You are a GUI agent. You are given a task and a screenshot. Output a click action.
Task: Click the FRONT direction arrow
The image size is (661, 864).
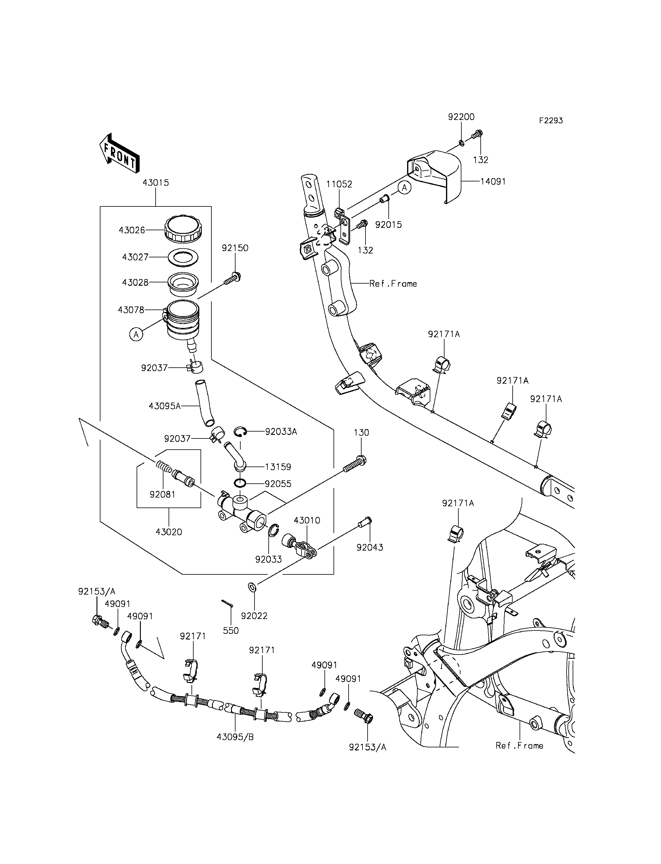pos(119,153)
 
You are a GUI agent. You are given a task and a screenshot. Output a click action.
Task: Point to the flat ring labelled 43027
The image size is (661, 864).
pos(183,258)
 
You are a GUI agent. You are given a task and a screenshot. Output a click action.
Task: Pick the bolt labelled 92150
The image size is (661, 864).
pos(232,278)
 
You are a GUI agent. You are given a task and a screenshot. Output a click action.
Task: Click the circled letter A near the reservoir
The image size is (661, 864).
pos(136,335)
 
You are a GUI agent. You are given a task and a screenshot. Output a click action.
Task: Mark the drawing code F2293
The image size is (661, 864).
pos(551,120)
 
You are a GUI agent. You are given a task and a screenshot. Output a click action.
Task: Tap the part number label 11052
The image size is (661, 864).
pos(339,184)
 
